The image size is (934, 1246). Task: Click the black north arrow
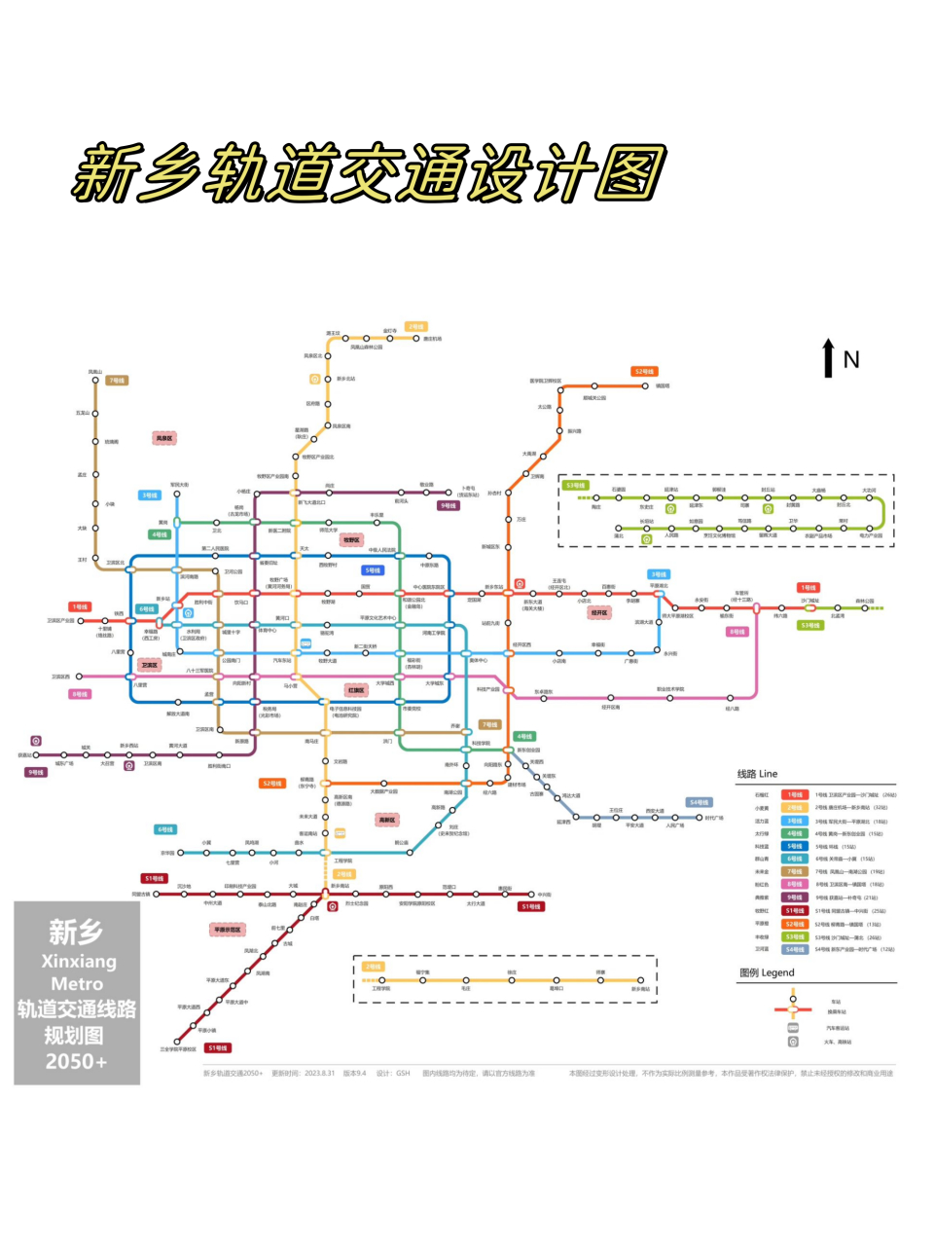[828, 357]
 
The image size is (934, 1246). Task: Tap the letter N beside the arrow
[851, 360]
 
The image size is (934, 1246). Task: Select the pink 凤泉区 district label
[164, 439]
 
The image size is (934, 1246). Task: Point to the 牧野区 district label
[351, 540]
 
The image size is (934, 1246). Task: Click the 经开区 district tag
[599, 613]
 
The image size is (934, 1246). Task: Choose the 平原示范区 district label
[228, 930]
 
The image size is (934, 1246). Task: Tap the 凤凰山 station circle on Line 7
[95, 381]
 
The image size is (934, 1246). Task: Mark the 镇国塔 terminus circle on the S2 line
[644, 385]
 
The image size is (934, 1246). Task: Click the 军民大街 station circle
[177, 494]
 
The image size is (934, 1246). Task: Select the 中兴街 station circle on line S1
[531, 894]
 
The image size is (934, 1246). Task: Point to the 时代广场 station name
[715, 818]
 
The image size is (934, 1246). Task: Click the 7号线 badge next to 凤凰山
[117, 381]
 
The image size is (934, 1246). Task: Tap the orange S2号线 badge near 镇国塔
[644, 372]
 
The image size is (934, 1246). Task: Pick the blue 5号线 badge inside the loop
[373, 570]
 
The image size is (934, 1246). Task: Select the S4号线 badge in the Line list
[795, 949]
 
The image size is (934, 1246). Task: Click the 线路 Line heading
[757, 774]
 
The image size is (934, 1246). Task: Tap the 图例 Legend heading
[767, 972]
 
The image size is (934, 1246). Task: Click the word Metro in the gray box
[77, 984]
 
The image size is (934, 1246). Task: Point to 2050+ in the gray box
[77, 1061]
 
